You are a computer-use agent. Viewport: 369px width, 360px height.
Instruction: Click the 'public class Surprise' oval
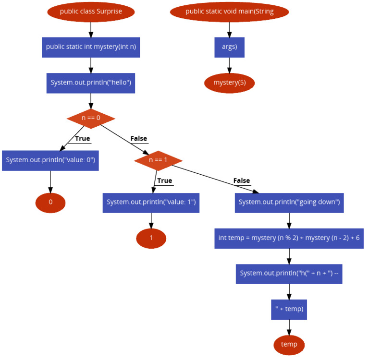coord(91,12)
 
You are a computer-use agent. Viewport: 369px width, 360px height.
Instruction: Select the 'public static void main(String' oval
coord(229,12)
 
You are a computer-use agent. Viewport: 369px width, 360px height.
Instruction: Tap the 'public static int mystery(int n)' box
coord(91,47)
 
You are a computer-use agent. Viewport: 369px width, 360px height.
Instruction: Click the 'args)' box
coord(229,47)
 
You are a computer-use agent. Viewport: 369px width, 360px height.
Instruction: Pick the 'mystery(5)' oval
coord(229,83)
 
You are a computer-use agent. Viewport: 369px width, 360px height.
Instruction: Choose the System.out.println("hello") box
coord(91,83)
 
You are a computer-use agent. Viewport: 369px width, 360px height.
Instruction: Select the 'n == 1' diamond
coord(158,160)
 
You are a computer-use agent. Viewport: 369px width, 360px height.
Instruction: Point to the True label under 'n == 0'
coord(82,139)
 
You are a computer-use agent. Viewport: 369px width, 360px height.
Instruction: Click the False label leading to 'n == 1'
coord(138,139)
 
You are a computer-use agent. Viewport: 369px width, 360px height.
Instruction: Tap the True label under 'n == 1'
coord(164,180)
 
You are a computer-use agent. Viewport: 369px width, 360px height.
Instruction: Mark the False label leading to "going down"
coord(242,180)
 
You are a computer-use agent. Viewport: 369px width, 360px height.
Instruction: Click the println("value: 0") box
coord(50,160)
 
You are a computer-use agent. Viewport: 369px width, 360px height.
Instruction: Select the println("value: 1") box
coord(151,202)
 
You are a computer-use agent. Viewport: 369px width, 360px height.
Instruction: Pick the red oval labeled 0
coord(50,202)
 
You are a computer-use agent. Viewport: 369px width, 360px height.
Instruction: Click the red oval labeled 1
coord(151,238)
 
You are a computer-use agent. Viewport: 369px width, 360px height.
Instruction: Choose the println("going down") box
coord(289,202)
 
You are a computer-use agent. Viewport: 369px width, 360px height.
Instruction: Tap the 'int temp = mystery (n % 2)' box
coord(289,238)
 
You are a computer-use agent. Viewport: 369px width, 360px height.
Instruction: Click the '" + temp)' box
coord(289,309)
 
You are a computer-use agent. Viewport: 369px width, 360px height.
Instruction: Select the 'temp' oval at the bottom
coord(289,345)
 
